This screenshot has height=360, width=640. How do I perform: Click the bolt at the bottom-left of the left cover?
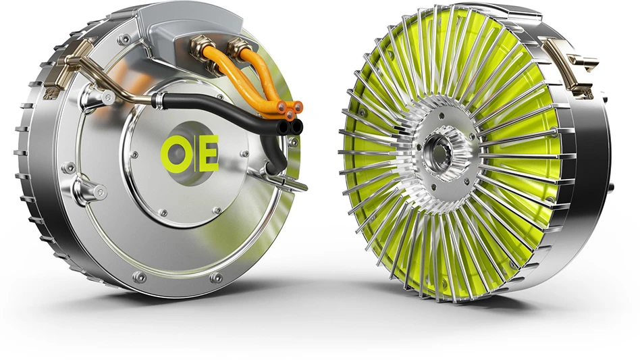coord(139,276)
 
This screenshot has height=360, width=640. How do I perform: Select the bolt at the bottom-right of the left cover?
coord(216,278)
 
